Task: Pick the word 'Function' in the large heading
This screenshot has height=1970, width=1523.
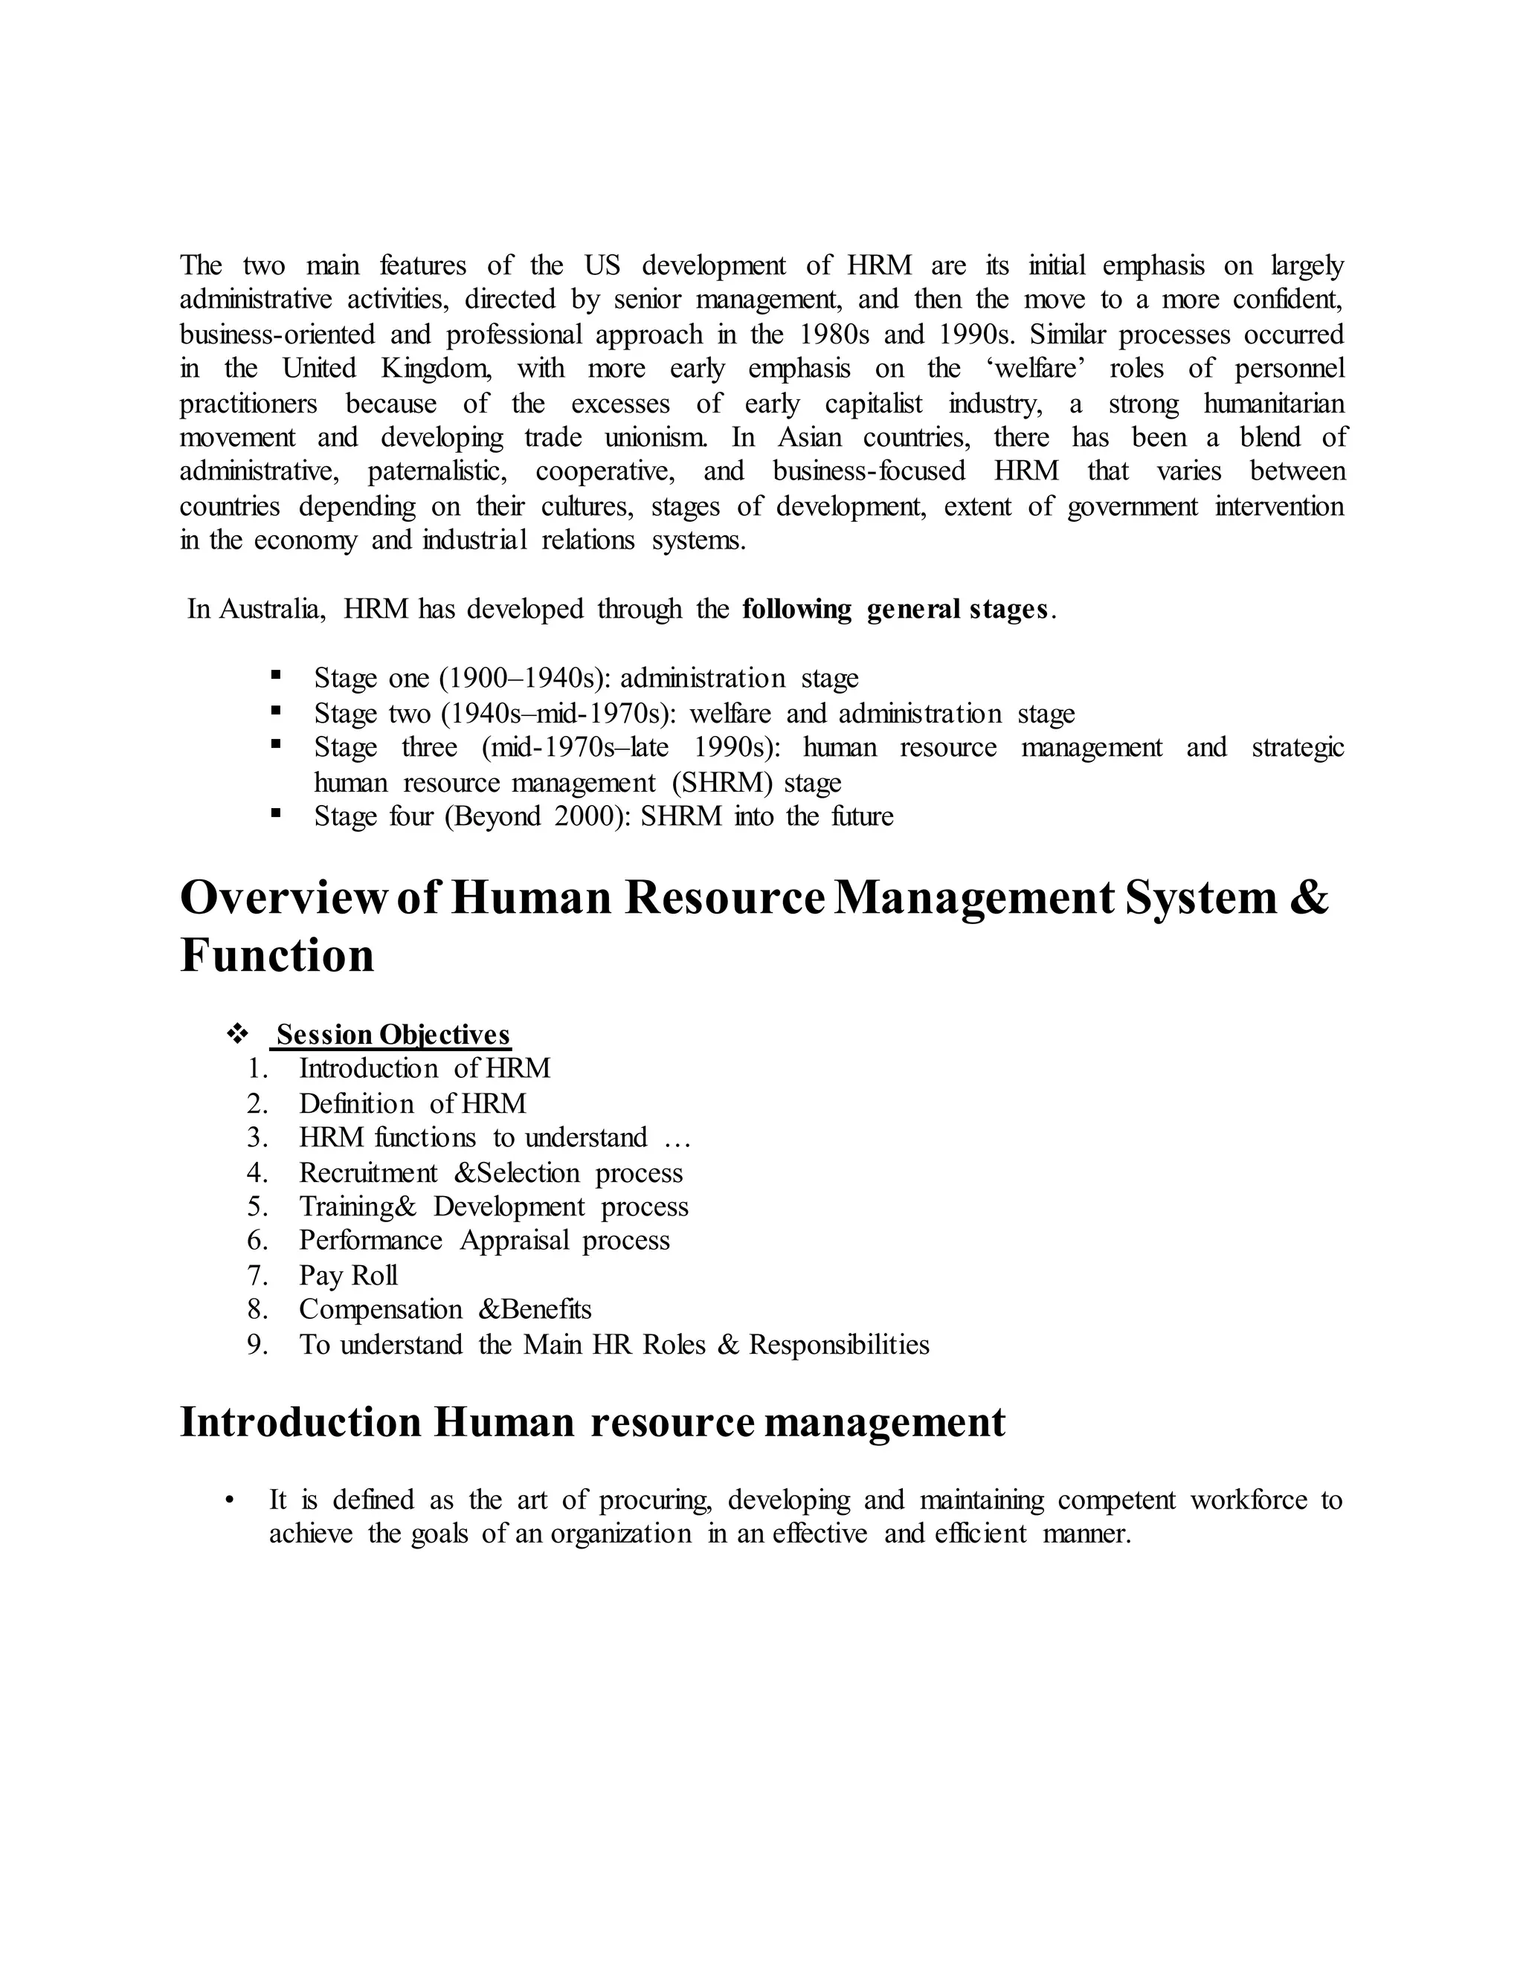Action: click(277, 956)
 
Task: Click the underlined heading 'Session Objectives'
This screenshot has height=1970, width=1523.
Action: click(393, 1035)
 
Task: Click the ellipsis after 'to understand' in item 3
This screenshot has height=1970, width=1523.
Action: click(677, 1138)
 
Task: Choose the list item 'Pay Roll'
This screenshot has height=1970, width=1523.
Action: click(348, 1276)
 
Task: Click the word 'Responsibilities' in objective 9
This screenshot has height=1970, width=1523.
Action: click(839, 1345)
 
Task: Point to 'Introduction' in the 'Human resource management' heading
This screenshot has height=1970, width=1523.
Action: click(300, 1424)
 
